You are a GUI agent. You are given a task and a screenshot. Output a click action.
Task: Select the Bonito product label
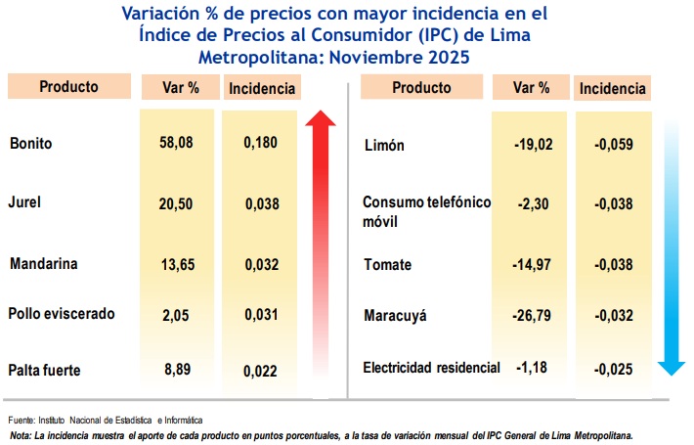click(x=30, y=144)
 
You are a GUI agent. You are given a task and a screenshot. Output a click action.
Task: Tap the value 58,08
click(x=176, y=143)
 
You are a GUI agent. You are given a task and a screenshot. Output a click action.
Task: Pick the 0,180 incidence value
click(x=261, y=143)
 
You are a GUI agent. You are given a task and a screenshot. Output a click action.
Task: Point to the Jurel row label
click(x=25, y=203)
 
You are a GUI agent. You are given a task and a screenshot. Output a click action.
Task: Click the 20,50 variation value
click(x=176, y=203)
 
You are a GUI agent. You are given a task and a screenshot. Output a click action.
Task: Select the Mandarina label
click(x=43, y=264)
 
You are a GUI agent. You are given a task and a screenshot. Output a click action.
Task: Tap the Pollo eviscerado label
click(x=62, y=314)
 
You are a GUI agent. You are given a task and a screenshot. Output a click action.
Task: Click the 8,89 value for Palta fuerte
click(x=176, y=371)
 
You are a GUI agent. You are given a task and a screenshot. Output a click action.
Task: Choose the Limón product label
click(x=384, y=146)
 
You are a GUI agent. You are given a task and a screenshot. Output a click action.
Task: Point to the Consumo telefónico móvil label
click(x=426, y=211)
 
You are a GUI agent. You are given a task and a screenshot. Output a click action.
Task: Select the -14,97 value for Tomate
click(x=532, y=265)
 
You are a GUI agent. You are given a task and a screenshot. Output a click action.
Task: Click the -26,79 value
click(x=532, y=316)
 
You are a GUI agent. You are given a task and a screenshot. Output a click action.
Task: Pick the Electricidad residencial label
click(x=431, y=368)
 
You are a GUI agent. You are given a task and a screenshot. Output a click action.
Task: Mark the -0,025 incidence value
click(x=613, y=369)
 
